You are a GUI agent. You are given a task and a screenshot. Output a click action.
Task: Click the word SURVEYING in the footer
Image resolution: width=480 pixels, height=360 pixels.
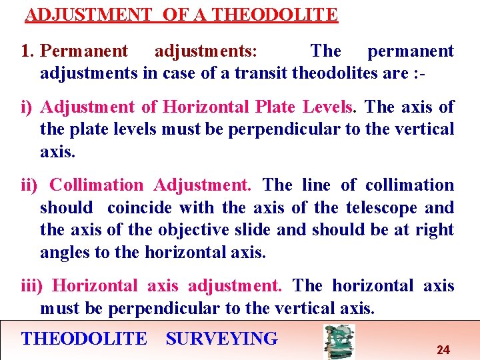221,339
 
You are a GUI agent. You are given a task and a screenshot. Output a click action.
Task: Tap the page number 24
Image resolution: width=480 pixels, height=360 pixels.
443,349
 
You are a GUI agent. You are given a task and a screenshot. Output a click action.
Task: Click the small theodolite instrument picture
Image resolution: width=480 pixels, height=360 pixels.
339,341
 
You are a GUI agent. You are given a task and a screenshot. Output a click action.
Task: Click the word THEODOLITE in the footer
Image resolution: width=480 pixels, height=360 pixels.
84,339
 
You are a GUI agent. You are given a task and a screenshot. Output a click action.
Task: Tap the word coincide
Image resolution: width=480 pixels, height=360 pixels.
139,207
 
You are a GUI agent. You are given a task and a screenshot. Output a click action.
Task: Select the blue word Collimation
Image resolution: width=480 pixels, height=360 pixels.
96,185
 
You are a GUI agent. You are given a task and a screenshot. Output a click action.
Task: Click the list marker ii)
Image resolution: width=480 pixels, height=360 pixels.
29,185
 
